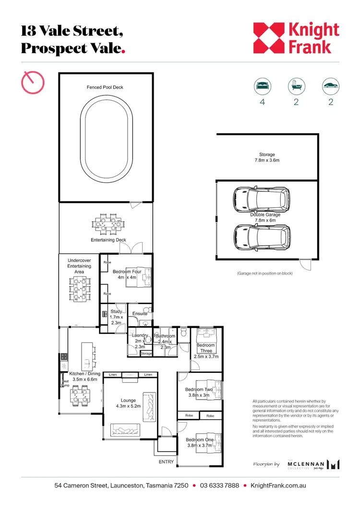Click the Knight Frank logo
(x=296, y=38)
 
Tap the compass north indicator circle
(x=33, y=82)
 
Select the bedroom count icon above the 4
(x=262, y=87)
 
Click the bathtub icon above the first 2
(x=296, y=87)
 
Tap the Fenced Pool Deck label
(x=105, y=87)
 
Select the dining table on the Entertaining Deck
(x=106, y=225)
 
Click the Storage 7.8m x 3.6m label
(x=267, y=157)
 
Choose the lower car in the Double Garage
(x=262, y=235)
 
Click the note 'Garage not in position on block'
(x=264, y=273)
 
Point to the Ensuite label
(x=140, y=314)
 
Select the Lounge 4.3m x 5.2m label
(x=128, y=403)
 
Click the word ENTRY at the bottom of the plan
(x=166, y=462)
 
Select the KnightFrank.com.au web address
(x=278, y=485)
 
